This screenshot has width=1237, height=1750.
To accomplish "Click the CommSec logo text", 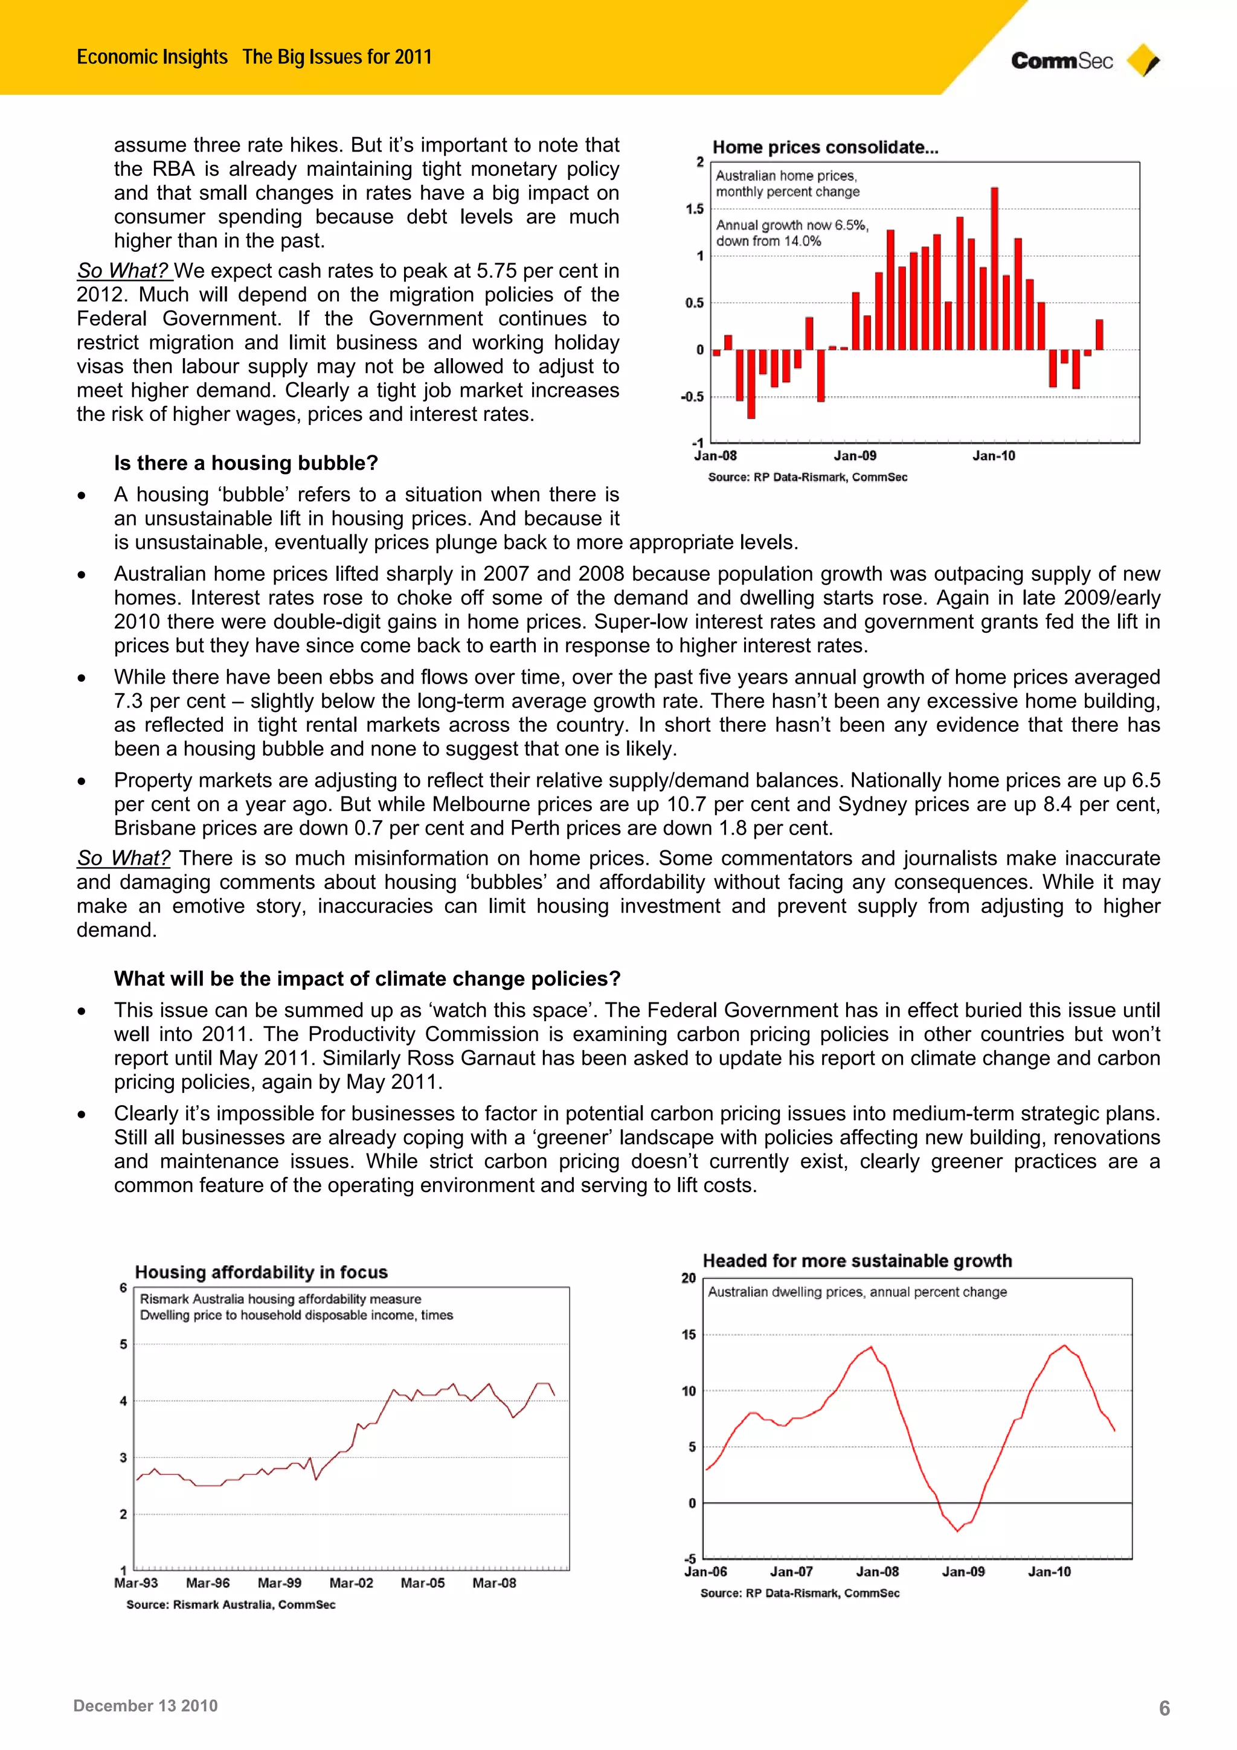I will pos(1061,61).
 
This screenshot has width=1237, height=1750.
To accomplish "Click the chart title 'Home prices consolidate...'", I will pos(824,147).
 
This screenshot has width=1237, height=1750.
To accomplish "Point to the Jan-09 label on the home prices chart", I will pos(855,456).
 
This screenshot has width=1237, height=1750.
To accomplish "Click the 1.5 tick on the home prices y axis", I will pos(695,209).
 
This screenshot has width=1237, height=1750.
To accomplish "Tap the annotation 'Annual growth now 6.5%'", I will pos(791,225).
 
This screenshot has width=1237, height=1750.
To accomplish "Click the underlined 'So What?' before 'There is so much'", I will pos(123,857).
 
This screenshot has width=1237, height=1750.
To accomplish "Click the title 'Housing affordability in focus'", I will pos(261,1272).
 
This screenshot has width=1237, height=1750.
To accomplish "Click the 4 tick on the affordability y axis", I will pos(123,1401).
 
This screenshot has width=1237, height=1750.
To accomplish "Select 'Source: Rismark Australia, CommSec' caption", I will pos(230,1604).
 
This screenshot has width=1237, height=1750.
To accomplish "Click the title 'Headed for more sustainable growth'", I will pos(856,1261).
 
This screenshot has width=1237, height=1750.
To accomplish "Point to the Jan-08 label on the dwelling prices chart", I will pos(876,1572).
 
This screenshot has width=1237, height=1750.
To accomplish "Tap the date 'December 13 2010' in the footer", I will pos(146,1706).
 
